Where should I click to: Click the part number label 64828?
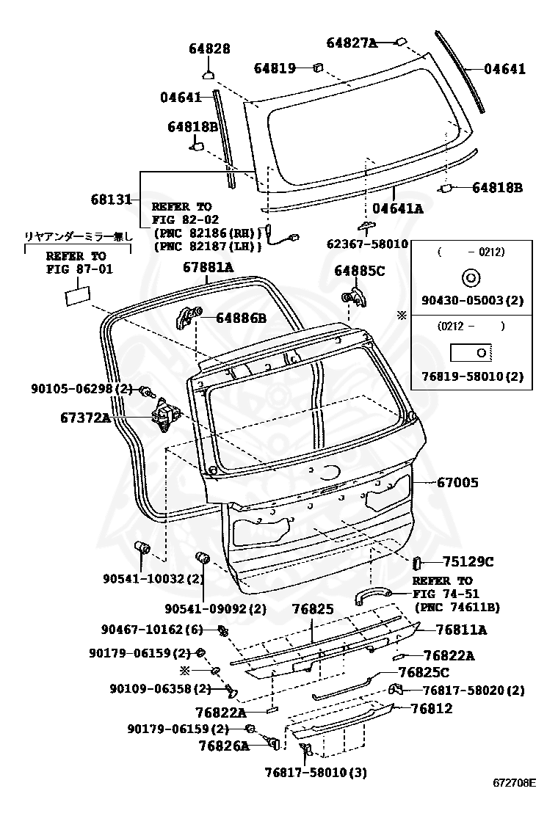pyautogui.click(x=209, y=49)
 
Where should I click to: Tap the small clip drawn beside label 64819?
pyautogui.click(x=318, y=68)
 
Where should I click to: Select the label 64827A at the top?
pyautogui.click(x=351, y=43)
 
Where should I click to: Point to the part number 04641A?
pyautogui.click(x=398, y=208)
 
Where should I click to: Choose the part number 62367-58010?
pyautogui.click(x=366, y=243)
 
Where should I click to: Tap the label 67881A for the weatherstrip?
pyautogui.click(x=208, y=269)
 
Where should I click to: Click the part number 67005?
pyautogui.click(x=457, y=483)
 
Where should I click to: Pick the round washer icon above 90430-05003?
pyautogui.click(x=470, y=278)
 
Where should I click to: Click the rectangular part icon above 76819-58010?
pyautogui.click(x=470, y=352)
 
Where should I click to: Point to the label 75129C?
pyautogui.click(x=468, y=562)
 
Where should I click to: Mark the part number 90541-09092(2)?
pyautogui.click(x=215, y=609)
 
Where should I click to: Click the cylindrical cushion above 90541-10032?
pyautogui.click(x=141, y=548)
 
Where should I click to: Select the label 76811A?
pyautogui.click(x=460, y=630)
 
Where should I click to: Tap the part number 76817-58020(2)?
pyautogui.click(x=474, y=691)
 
